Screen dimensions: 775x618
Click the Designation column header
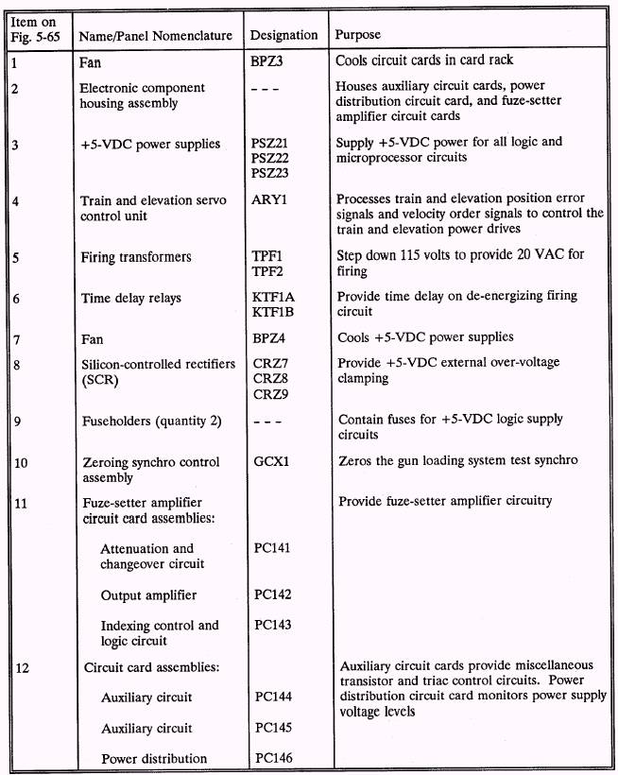(283, 35)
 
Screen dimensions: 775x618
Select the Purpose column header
(358, 35)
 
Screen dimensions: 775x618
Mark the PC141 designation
(273, 548)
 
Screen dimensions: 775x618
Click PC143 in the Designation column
(273, 625)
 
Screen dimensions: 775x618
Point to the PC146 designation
(273, 758)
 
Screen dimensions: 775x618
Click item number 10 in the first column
(22, 462)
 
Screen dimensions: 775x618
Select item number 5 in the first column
(17, 256)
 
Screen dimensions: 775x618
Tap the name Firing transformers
(136, 256)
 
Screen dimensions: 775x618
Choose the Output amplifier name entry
(148, 594)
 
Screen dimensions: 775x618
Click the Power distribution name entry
(153, 758)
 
